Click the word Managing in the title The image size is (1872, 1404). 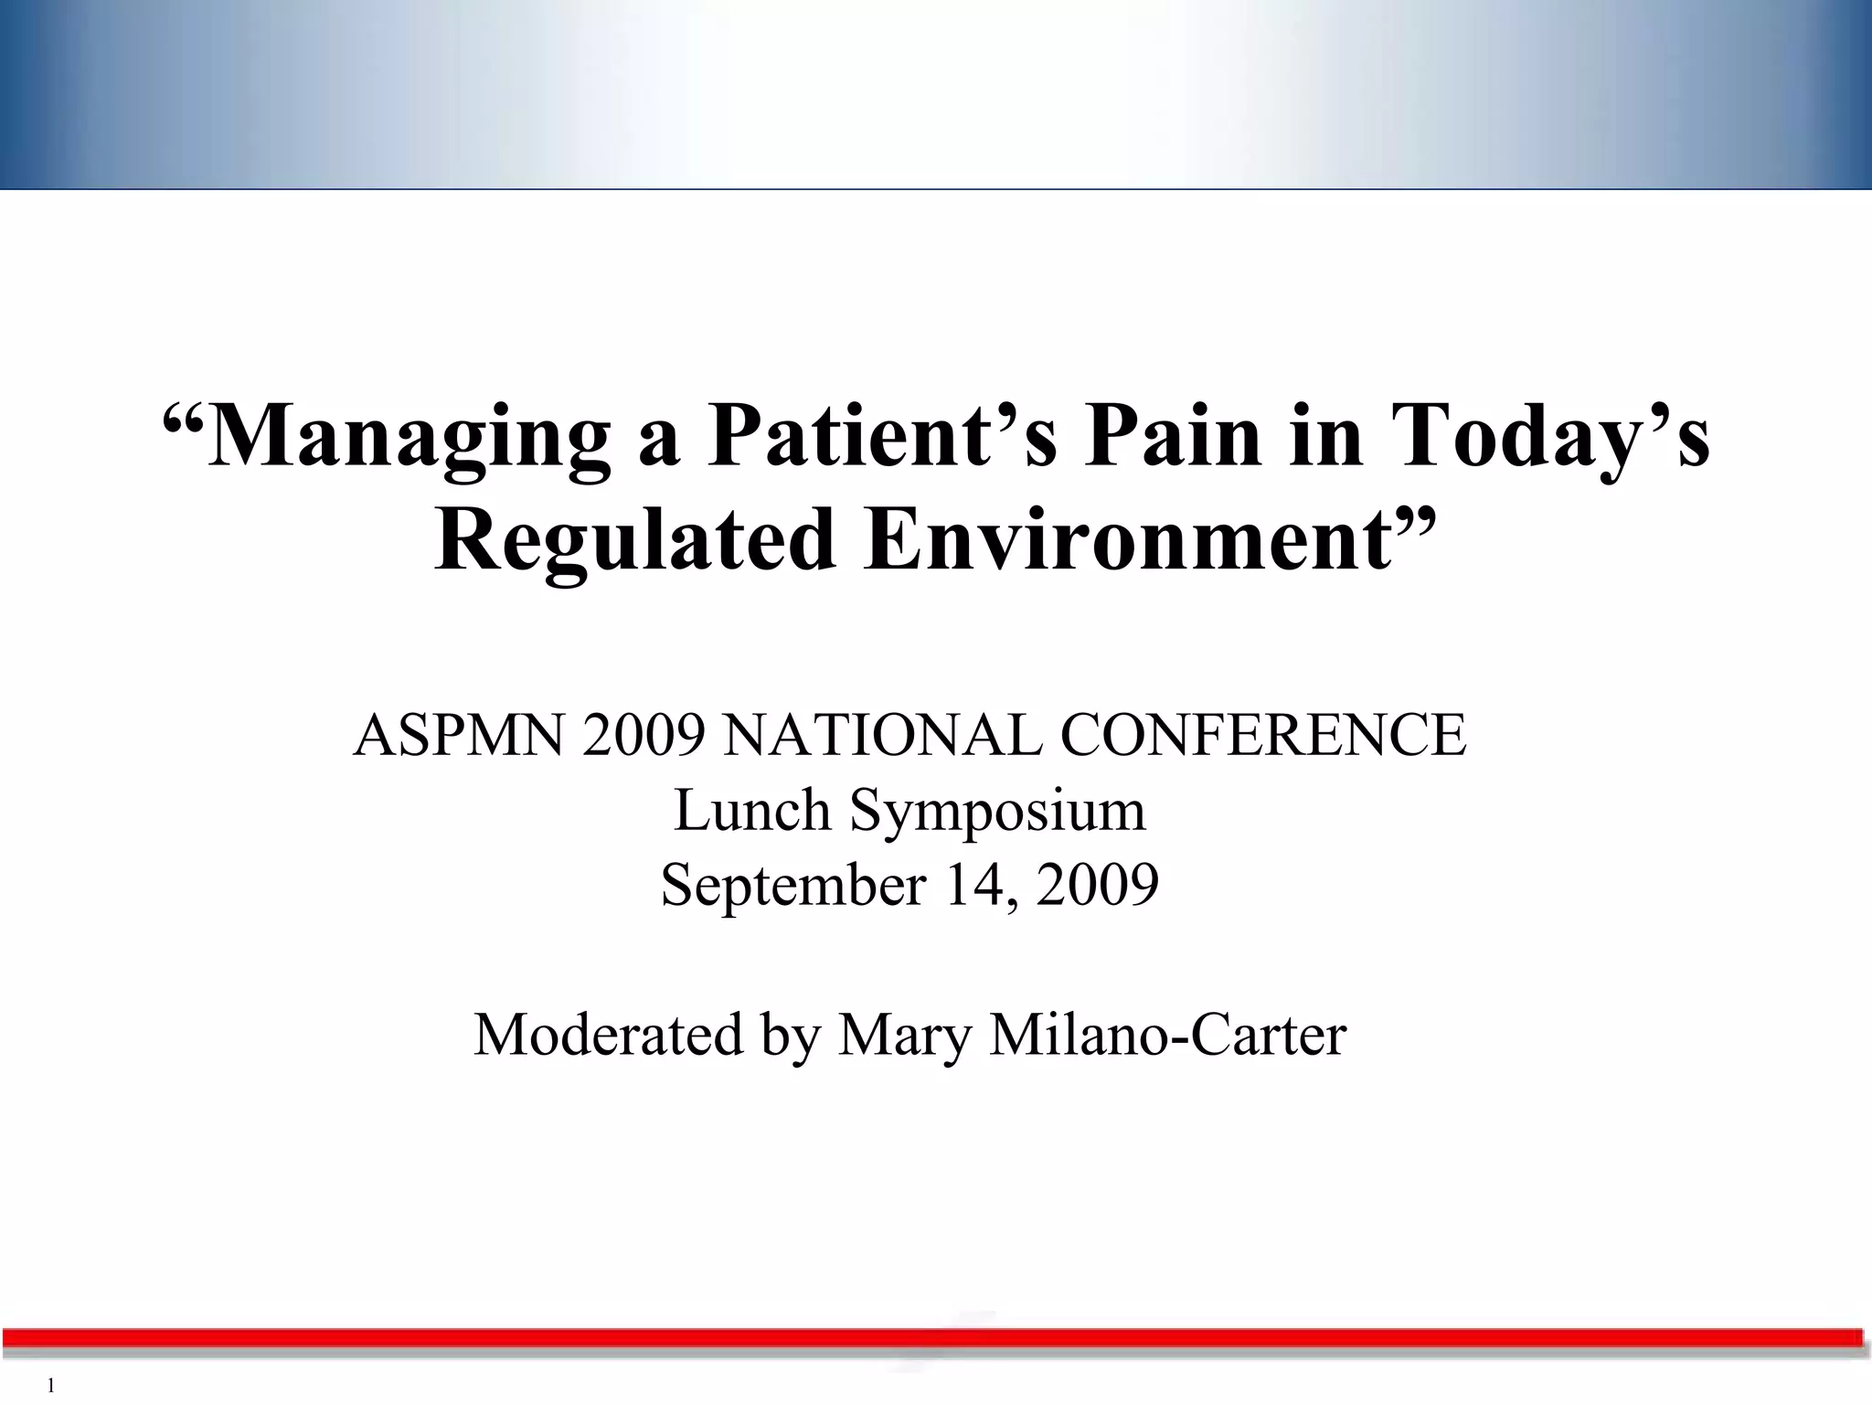(x=409, y=437)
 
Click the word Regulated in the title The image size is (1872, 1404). (x=634, y=541)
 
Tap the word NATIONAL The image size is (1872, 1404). (x=881, y=735)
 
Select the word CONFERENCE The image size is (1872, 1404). (x=1263, y=735)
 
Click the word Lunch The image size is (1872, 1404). (x=752, y=810)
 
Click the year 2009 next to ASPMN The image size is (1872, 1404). (x=643, y=735)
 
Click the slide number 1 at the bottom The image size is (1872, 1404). (x=51, y=1386)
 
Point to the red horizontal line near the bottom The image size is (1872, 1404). (x=932, y=1338)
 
